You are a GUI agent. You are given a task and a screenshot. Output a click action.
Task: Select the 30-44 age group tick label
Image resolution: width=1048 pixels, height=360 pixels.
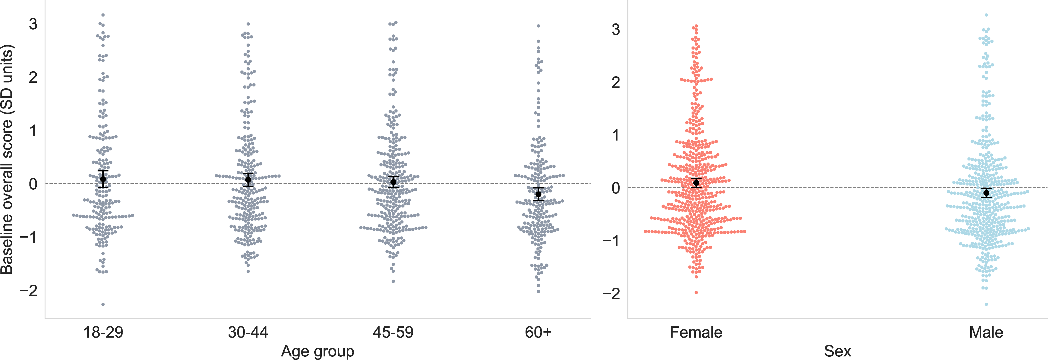248,332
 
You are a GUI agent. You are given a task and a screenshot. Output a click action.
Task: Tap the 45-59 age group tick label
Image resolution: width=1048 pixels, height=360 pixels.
393,332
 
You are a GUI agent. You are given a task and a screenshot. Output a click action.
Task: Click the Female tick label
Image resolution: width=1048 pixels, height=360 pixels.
696,332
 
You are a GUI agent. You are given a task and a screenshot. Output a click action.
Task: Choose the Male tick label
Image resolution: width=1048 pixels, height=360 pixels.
986,332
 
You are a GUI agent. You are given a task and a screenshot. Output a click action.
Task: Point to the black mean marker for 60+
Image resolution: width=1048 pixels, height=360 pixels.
538,194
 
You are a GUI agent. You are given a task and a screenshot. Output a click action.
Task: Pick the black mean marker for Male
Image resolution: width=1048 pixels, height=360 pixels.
986,193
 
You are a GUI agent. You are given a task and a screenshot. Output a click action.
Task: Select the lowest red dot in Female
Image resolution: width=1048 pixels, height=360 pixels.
696,293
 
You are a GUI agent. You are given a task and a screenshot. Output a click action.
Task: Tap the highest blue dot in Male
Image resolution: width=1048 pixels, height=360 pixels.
986,15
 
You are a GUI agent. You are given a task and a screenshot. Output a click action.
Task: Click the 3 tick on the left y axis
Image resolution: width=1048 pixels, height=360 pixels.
33,24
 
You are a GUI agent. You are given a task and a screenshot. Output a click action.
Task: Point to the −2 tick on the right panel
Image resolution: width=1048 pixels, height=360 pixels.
611,293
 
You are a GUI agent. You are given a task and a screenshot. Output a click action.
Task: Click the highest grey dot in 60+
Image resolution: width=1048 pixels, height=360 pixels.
538,26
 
